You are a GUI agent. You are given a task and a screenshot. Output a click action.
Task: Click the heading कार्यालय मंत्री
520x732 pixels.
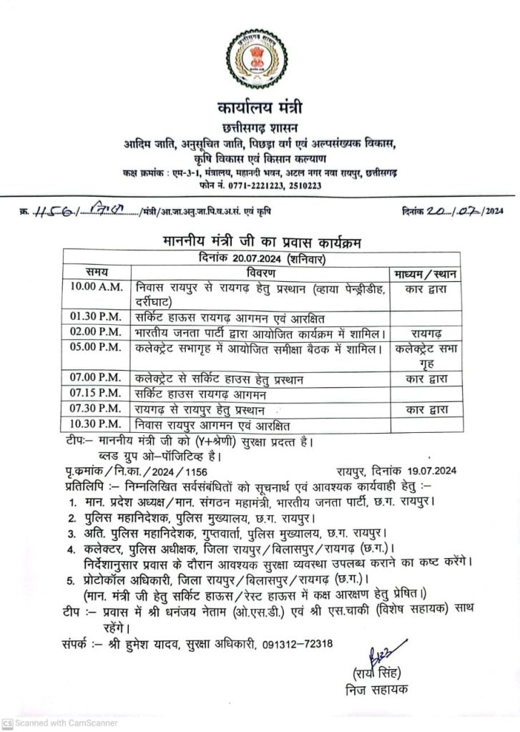point(260,109)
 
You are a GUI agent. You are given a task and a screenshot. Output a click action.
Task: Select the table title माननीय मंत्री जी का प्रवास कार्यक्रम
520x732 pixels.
point(260,243)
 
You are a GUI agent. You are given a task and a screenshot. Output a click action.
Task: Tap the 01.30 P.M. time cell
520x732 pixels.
point(97,316)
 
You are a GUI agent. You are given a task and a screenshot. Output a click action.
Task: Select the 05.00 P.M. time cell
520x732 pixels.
point(97,350)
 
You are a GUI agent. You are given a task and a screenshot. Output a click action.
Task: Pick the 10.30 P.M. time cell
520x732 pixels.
point(97,424)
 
